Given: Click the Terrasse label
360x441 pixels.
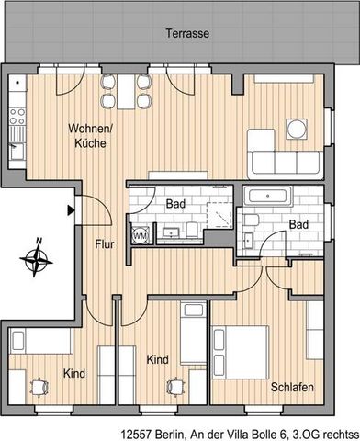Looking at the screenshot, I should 187,32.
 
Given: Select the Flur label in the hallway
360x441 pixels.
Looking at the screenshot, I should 102,244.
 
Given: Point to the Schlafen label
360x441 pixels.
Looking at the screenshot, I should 292,387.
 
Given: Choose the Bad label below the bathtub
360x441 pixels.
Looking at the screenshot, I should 298,223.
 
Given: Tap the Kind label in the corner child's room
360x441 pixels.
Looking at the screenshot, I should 74,374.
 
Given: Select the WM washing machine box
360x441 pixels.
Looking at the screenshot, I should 140,234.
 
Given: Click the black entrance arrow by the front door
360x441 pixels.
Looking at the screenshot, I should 71,210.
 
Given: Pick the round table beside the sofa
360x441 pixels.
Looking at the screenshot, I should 298,128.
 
